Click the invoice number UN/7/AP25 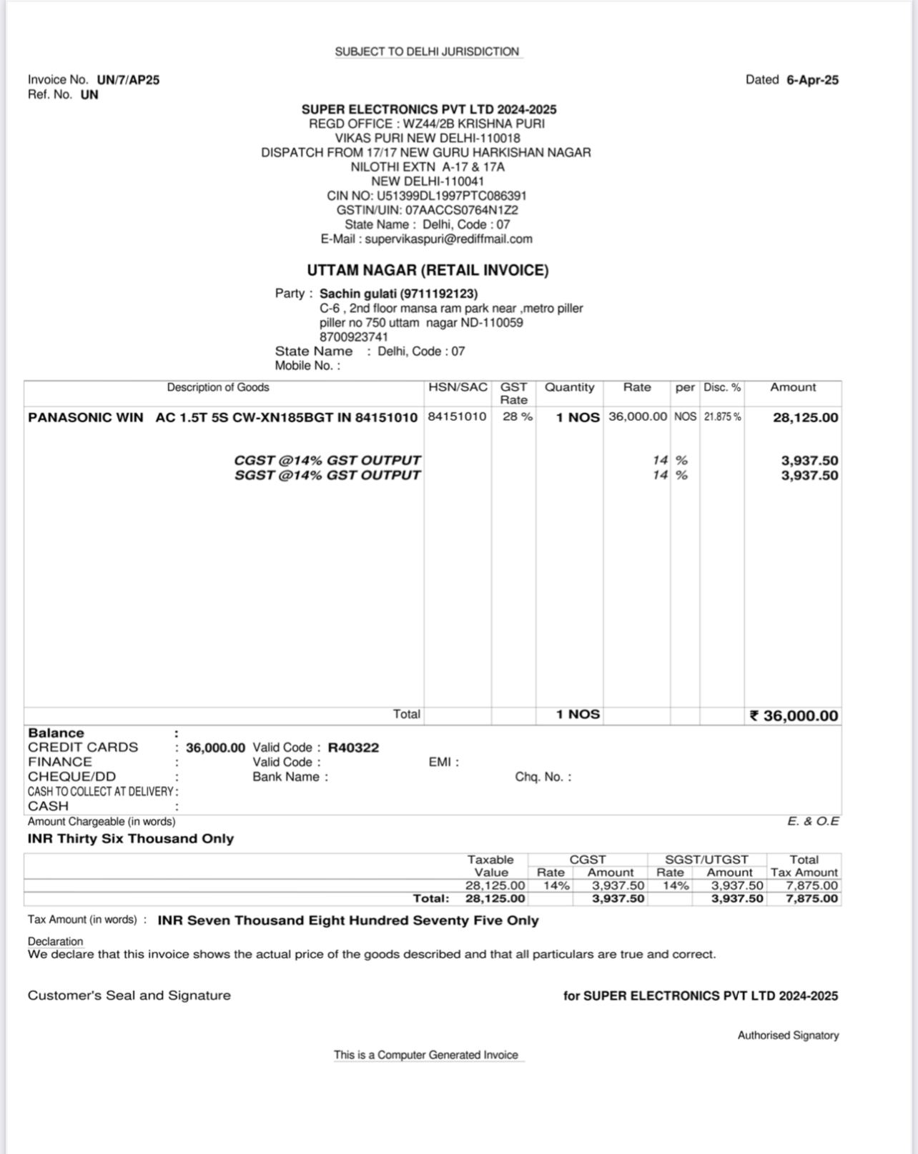pyautogui.click(x=128, y=80)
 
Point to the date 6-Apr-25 pyautogui.click(x=812, y=80)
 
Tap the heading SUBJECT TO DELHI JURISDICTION pyautogui.click(x=427, y=52)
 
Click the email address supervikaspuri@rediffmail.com pyautogui.click(x=448, y=239)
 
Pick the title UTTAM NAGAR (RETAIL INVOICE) pyautogui.click(x=428, y=271)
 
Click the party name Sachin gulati pyautogui.click(x=358, y=294)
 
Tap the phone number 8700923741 pyautogui.click(x=354, y=337)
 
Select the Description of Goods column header pyautogui.click(x=218, y=387)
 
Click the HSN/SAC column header pyautogui.click(x=458, y=387)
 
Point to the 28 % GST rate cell pyautogui.click(x=517, y=417)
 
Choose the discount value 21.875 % pyautogui.click(x=722, y=417)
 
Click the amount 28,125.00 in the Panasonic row pyautogui.click(x=805, y=418)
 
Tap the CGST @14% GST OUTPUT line pyautogui.click(x=327, y=460)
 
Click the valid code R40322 pyautogui.click(x=353, y=748)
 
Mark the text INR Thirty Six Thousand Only pyautogui.click(x=131, y=839)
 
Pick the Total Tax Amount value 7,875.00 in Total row pyautogui.click(x=811, y=899)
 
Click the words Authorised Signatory pyautogui.click(x=788, y=1035)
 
